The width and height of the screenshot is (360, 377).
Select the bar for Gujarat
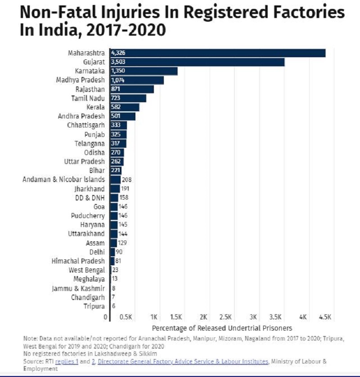(x=198, y=62)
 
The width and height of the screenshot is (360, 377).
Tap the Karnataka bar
(x=144, y=71)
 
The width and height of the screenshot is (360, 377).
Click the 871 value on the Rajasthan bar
(x=116, y=89)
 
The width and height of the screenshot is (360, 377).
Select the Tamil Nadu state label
(x=88, y=98)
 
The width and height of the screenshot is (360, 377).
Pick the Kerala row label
(x=95, y=107)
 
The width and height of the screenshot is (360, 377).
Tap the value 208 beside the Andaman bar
(x=126, y=179)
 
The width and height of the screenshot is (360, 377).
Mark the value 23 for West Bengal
(x=116, y=270)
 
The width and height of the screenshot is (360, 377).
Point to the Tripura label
(x=94, y=306)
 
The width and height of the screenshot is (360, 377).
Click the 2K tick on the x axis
(x=203, y=317)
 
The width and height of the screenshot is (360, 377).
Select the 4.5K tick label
(x=325, y=317)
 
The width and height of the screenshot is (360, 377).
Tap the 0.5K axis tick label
(x=126, y=317)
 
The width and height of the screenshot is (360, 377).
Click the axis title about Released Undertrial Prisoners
(x=222, y=328)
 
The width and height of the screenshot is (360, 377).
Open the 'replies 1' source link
(x=67, y=362)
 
